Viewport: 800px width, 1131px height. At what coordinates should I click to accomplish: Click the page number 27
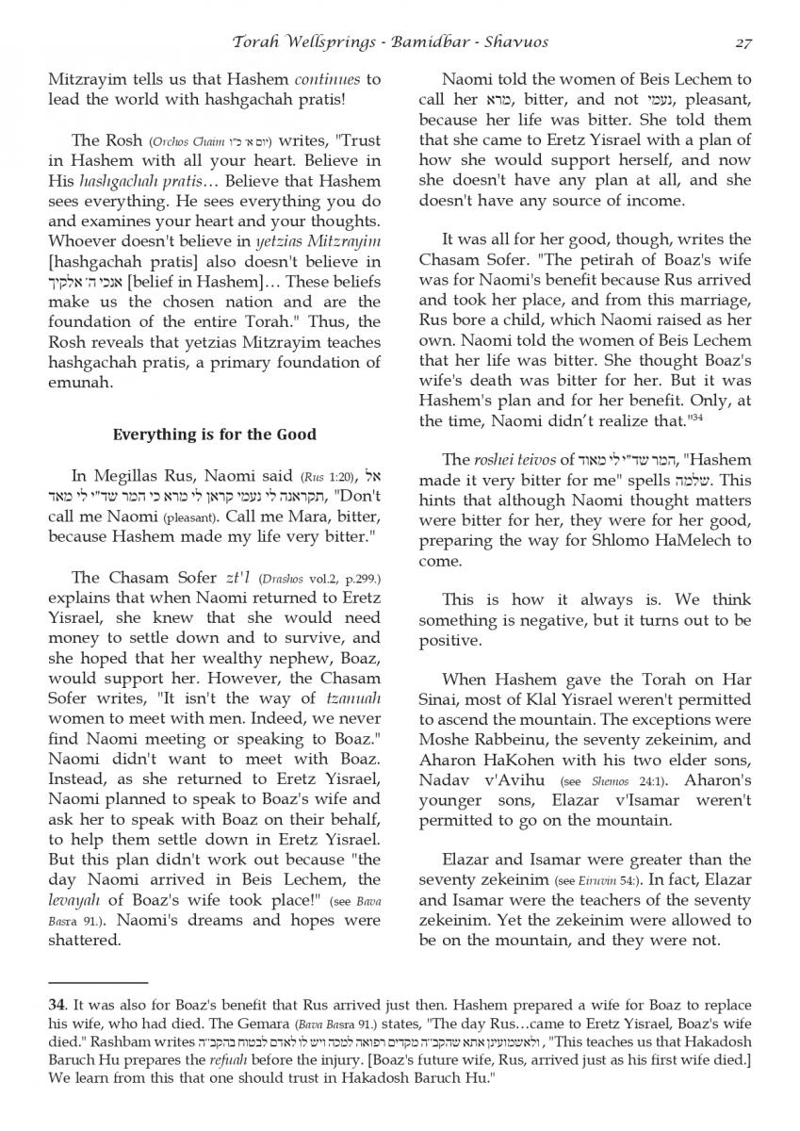[743, 41]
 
